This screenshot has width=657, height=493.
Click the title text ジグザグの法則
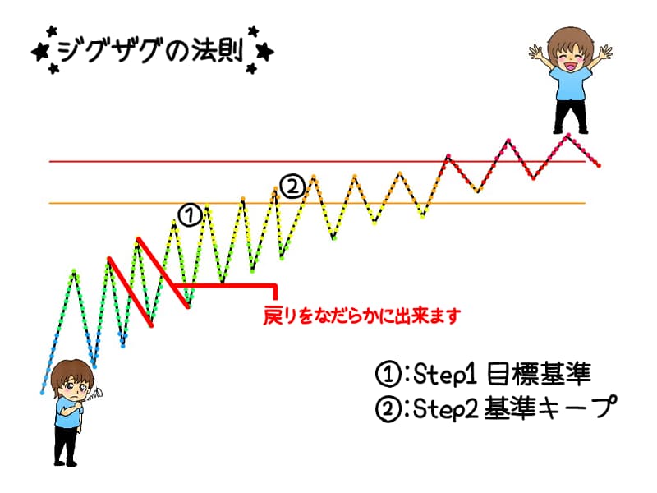(x=149, y=51)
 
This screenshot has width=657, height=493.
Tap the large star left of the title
(x=40, y=52)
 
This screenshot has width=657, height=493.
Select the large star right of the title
(x=264, y=52)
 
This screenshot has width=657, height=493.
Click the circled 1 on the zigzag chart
(x=190, y=215)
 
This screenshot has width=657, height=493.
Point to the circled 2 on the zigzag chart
(x=292, y=187)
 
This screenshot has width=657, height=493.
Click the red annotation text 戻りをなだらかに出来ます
(x=362, y=316)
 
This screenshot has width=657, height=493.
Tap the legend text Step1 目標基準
(x=502, y=374)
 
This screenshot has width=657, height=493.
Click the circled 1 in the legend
(x=388, y=375)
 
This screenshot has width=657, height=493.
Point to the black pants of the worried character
(x=67, y=445)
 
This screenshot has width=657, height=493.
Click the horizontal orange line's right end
(x=585, y=203)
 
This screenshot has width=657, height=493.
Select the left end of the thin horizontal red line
(x=50, y=161)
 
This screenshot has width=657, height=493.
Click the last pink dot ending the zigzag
(x=600, y=166)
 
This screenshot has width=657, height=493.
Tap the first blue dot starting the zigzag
(x=42, y=393)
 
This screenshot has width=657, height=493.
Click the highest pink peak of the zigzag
(x=568, y=135)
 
